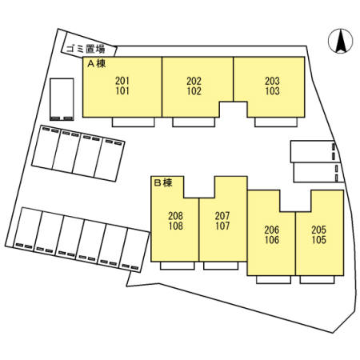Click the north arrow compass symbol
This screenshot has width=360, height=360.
coord(340,41)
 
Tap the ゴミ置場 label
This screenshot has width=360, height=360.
coord(86,49)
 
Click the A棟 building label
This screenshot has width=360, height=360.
coord(97,63)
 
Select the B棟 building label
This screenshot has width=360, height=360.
coord(163,182)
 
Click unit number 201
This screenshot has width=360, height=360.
coord(122,81)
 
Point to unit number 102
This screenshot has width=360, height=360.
coord(194,91)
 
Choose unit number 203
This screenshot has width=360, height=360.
coord(272,81)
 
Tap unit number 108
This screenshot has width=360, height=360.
coord(176,226)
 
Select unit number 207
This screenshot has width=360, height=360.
coord(222,216)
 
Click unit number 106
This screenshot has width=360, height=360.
coord(272,240)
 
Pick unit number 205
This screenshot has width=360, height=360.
coord(319,230)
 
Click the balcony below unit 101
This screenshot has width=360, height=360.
coord(134,122)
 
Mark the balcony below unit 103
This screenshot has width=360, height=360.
coord(276,122)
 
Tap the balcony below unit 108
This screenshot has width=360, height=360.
coord(178,266)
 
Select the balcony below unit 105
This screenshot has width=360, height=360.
coord(317,279)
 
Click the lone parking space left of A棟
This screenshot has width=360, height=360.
coord(62,99)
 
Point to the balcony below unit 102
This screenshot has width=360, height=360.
coord(194,122)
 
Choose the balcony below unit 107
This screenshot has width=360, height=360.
coord(221,266)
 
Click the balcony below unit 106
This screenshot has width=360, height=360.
coord(274,279)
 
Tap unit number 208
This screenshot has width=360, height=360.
coord(176,216)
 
